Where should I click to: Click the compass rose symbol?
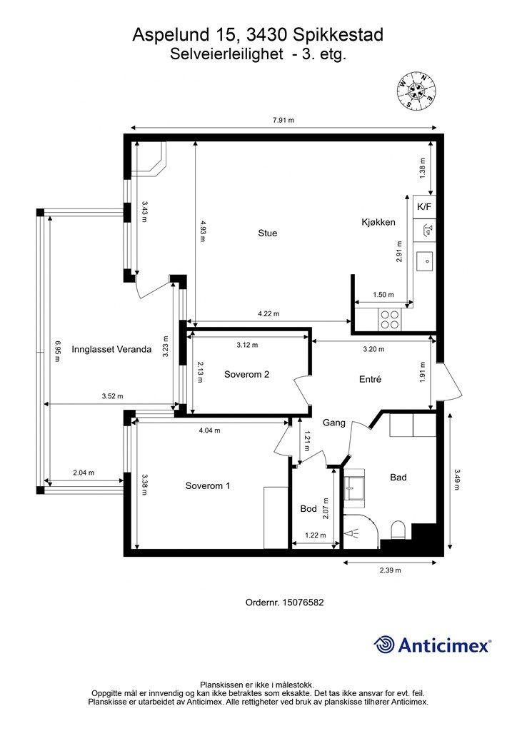tap(416, 91)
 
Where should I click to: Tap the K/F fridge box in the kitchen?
tap(424, 207)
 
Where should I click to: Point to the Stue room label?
tap(268, 233)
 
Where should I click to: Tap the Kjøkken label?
tap(378, 223)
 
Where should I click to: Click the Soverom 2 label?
tap(246, 374)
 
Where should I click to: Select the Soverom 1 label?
tap(208, 485)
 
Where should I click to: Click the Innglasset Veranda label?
tap(111, 349)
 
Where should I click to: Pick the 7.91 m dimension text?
tap(283, 120)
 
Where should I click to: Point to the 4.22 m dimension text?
tap(268, 314)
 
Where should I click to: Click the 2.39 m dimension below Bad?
tap(390, 570)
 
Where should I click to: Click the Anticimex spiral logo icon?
tap(384, 645)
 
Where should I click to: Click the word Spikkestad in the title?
tap(338, 35)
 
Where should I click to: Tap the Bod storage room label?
tap(308, 508)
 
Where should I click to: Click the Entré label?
tap(370, 380)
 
